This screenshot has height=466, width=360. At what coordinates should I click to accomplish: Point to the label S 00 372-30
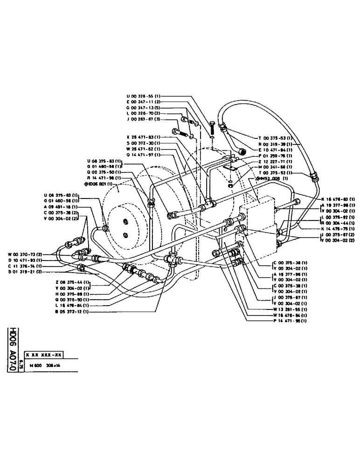tap(144, 143)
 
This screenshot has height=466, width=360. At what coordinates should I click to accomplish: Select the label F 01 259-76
tap(276, 156)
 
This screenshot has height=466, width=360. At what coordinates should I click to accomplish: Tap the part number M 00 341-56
tap(276, 167)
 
